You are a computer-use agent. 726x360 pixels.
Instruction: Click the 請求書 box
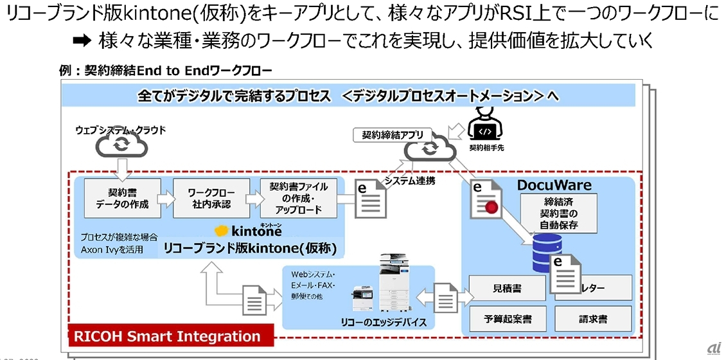593,318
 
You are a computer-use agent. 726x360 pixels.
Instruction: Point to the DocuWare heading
554,185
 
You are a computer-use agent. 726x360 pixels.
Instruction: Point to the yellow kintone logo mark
222,230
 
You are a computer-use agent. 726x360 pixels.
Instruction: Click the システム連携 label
410,181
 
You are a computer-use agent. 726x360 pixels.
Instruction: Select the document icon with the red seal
488,199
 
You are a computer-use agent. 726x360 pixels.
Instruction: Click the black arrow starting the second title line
83,42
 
